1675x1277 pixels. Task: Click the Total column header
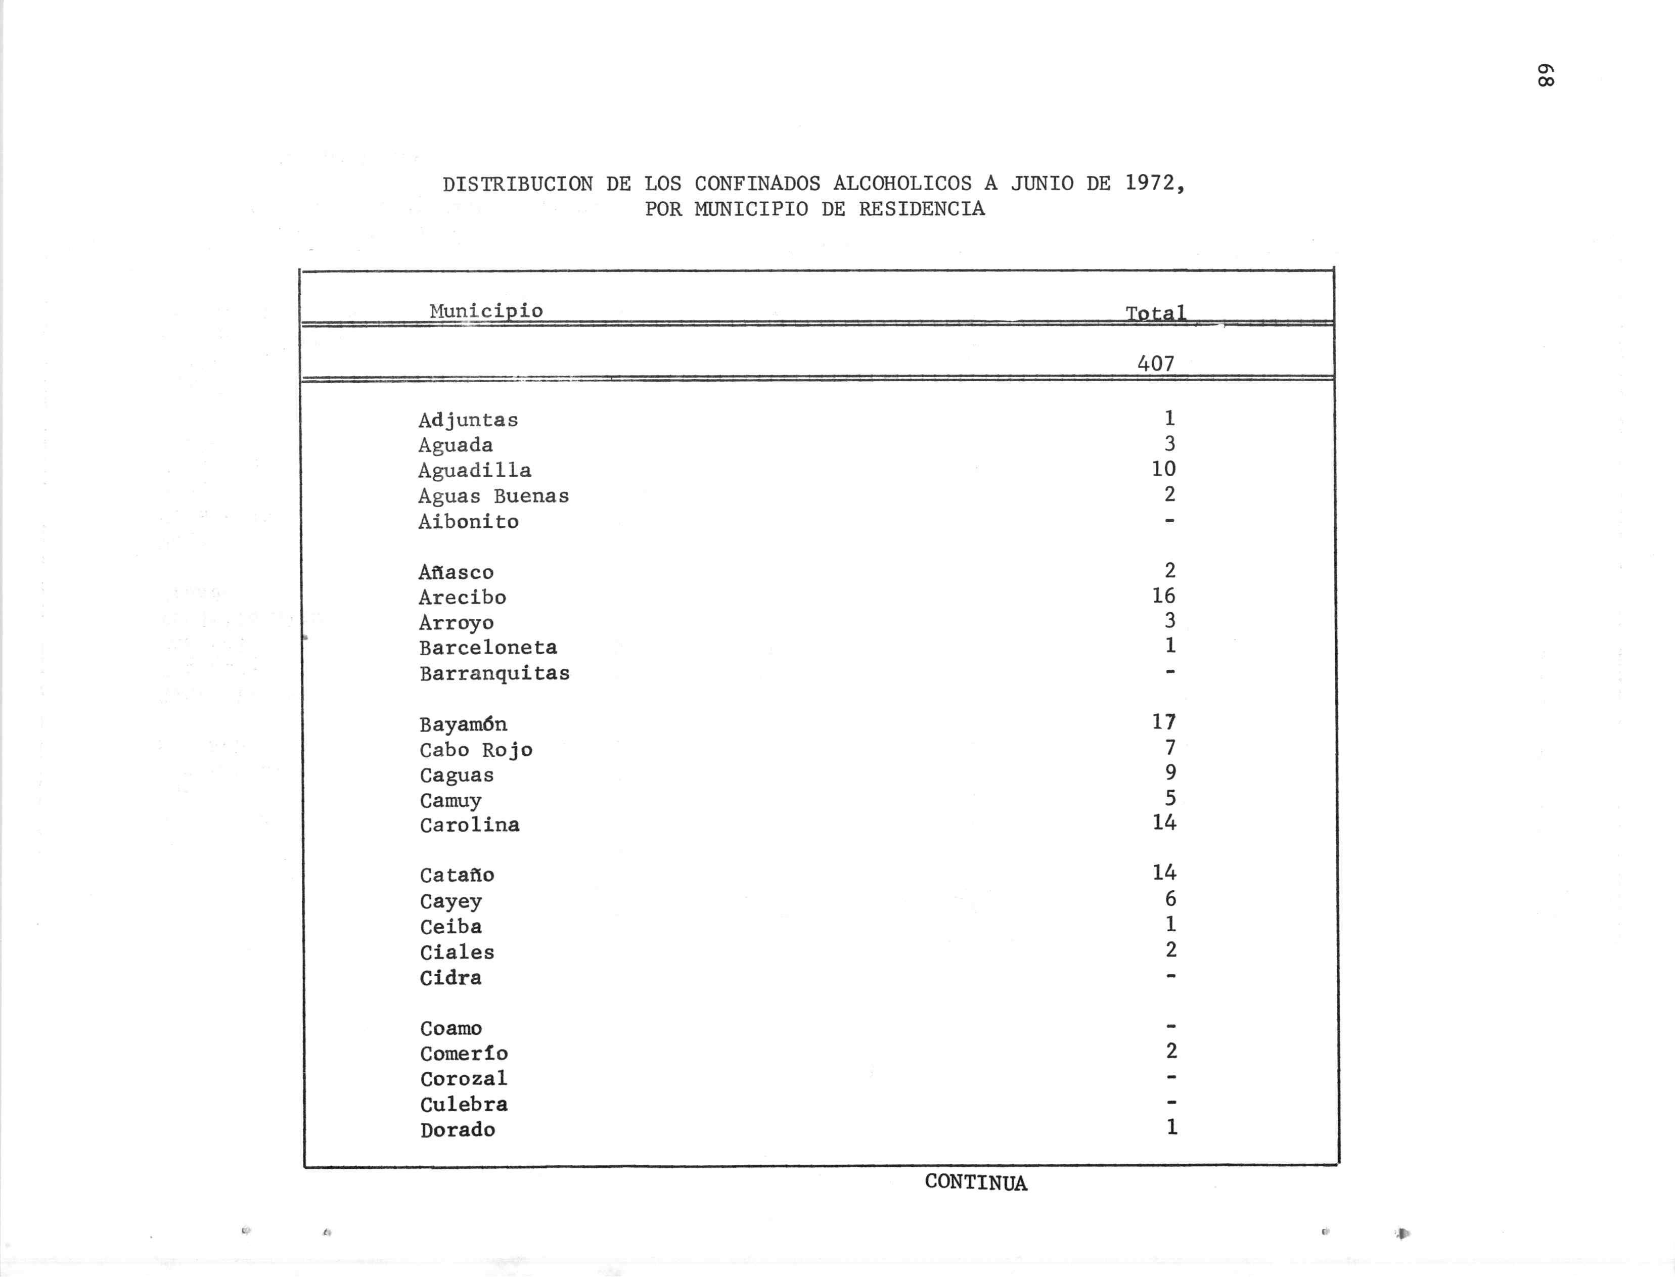click(x=1155, y=312)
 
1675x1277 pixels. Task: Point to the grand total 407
click(x=1155, y=363)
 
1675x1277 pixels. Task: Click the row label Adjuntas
click(x=468, y=420)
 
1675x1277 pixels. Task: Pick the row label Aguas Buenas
click(x=493, y=495)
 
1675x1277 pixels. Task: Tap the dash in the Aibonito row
click(x=1169, y=521)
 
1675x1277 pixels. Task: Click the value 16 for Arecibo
click(x=1163, y=595)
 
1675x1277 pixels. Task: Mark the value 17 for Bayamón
click(x=1163, y=721)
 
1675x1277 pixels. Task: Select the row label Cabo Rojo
click(x=476, y=750)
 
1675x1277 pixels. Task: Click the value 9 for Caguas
click(x=1170, y=772)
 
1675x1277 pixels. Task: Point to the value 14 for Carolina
click(x=1163, y=823)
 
